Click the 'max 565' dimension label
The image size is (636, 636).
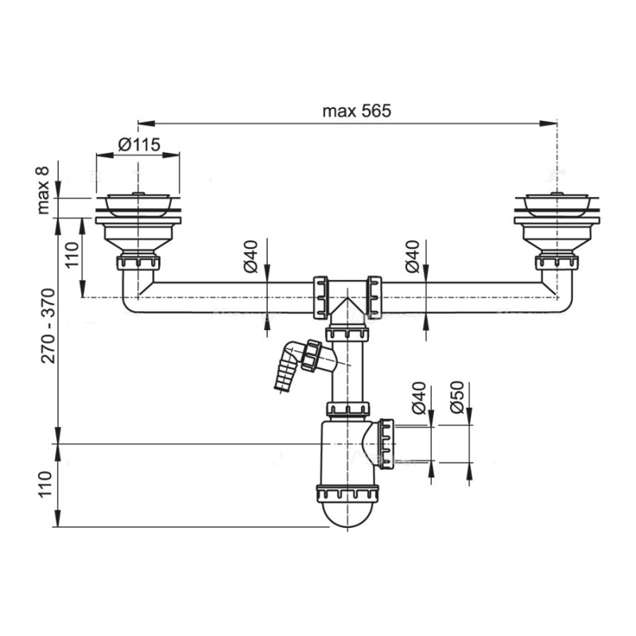(357, 111)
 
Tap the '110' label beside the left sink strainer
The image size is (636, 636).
(73, 256)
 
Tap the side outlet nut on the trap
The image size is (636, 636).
(386, 443)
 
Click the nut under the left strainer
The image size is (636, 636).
(138, 262)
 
